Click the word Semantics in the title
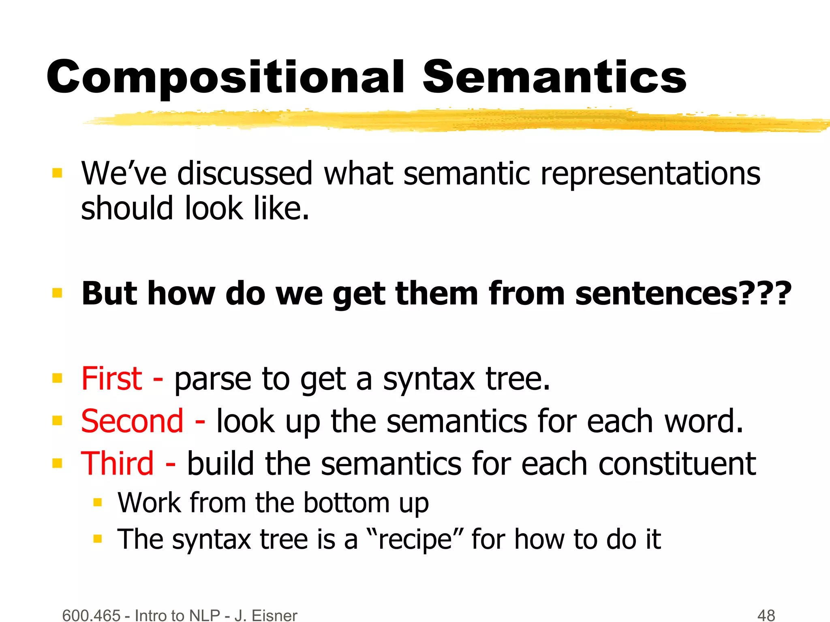(x=554, y=77)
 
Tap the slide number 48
(x=766, y=615)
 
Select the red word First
(x=112, y=379)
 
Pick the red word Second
(x=132, y=421)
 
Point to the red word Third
(x=118, y=464)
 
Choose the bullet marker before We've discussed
(x=57, y=174)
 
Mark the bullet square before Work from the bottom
(x=97, y=503)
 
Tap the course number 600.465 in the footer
(x=92, y=615)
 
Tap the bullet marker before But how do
(x=57, y=293)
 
